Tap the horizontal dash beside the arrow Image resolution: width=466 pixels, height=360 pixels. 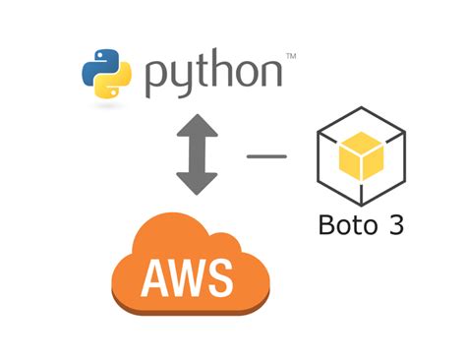point(265,154)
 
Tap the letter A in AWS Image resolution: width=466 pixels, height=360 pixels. point(156,277)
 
